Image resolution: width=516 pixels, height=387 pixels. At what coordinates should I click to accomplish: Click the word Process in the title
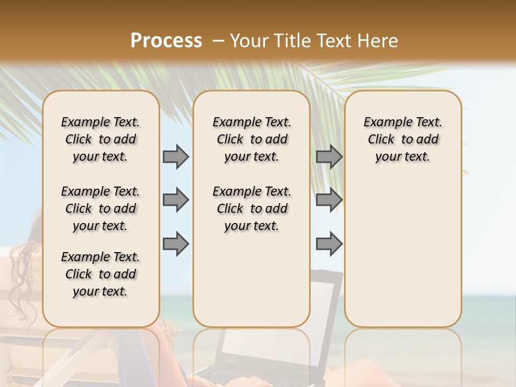pos(166,41)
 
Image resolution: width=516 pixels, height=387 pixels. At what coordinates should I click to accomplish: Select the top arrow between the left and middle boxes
pos(176,157)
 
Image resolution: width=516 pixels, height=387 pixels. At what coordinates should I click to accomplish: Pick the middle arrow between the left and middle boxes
pos(176,200)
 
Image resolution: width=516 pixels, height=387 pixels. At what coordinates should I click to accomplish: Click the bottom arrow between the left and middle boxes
pos(176,243)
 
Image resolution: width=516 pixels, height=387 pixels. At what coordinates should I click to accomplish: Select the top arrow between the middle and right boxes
pos(329,157)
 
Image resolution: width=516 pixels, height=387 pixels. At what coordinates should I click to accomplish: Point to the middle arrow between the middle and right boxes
pos(329,200)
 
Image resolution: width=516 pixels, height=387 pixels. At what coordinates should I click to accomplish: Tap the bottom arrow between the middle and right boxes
pos(329,243)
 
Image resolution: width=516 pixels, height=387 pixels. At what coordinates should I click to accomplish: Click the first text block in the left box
pos(101,139)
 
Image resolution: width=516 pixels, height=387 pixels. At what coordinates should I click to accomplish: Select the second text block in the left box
pos(101,209)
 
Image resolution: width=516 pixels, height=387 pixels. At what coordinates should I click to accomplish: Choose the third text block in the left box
pos(101,274)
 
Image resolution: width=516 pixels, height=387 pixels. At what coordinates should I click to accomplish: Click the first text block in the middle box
pos(252,139)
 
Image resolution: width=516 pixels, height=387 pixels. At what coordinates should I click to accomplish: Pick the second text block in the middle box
pos(252,209)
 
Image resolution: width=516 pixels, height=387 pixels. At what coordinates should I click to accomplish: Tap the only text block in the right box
pos(403,139)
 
